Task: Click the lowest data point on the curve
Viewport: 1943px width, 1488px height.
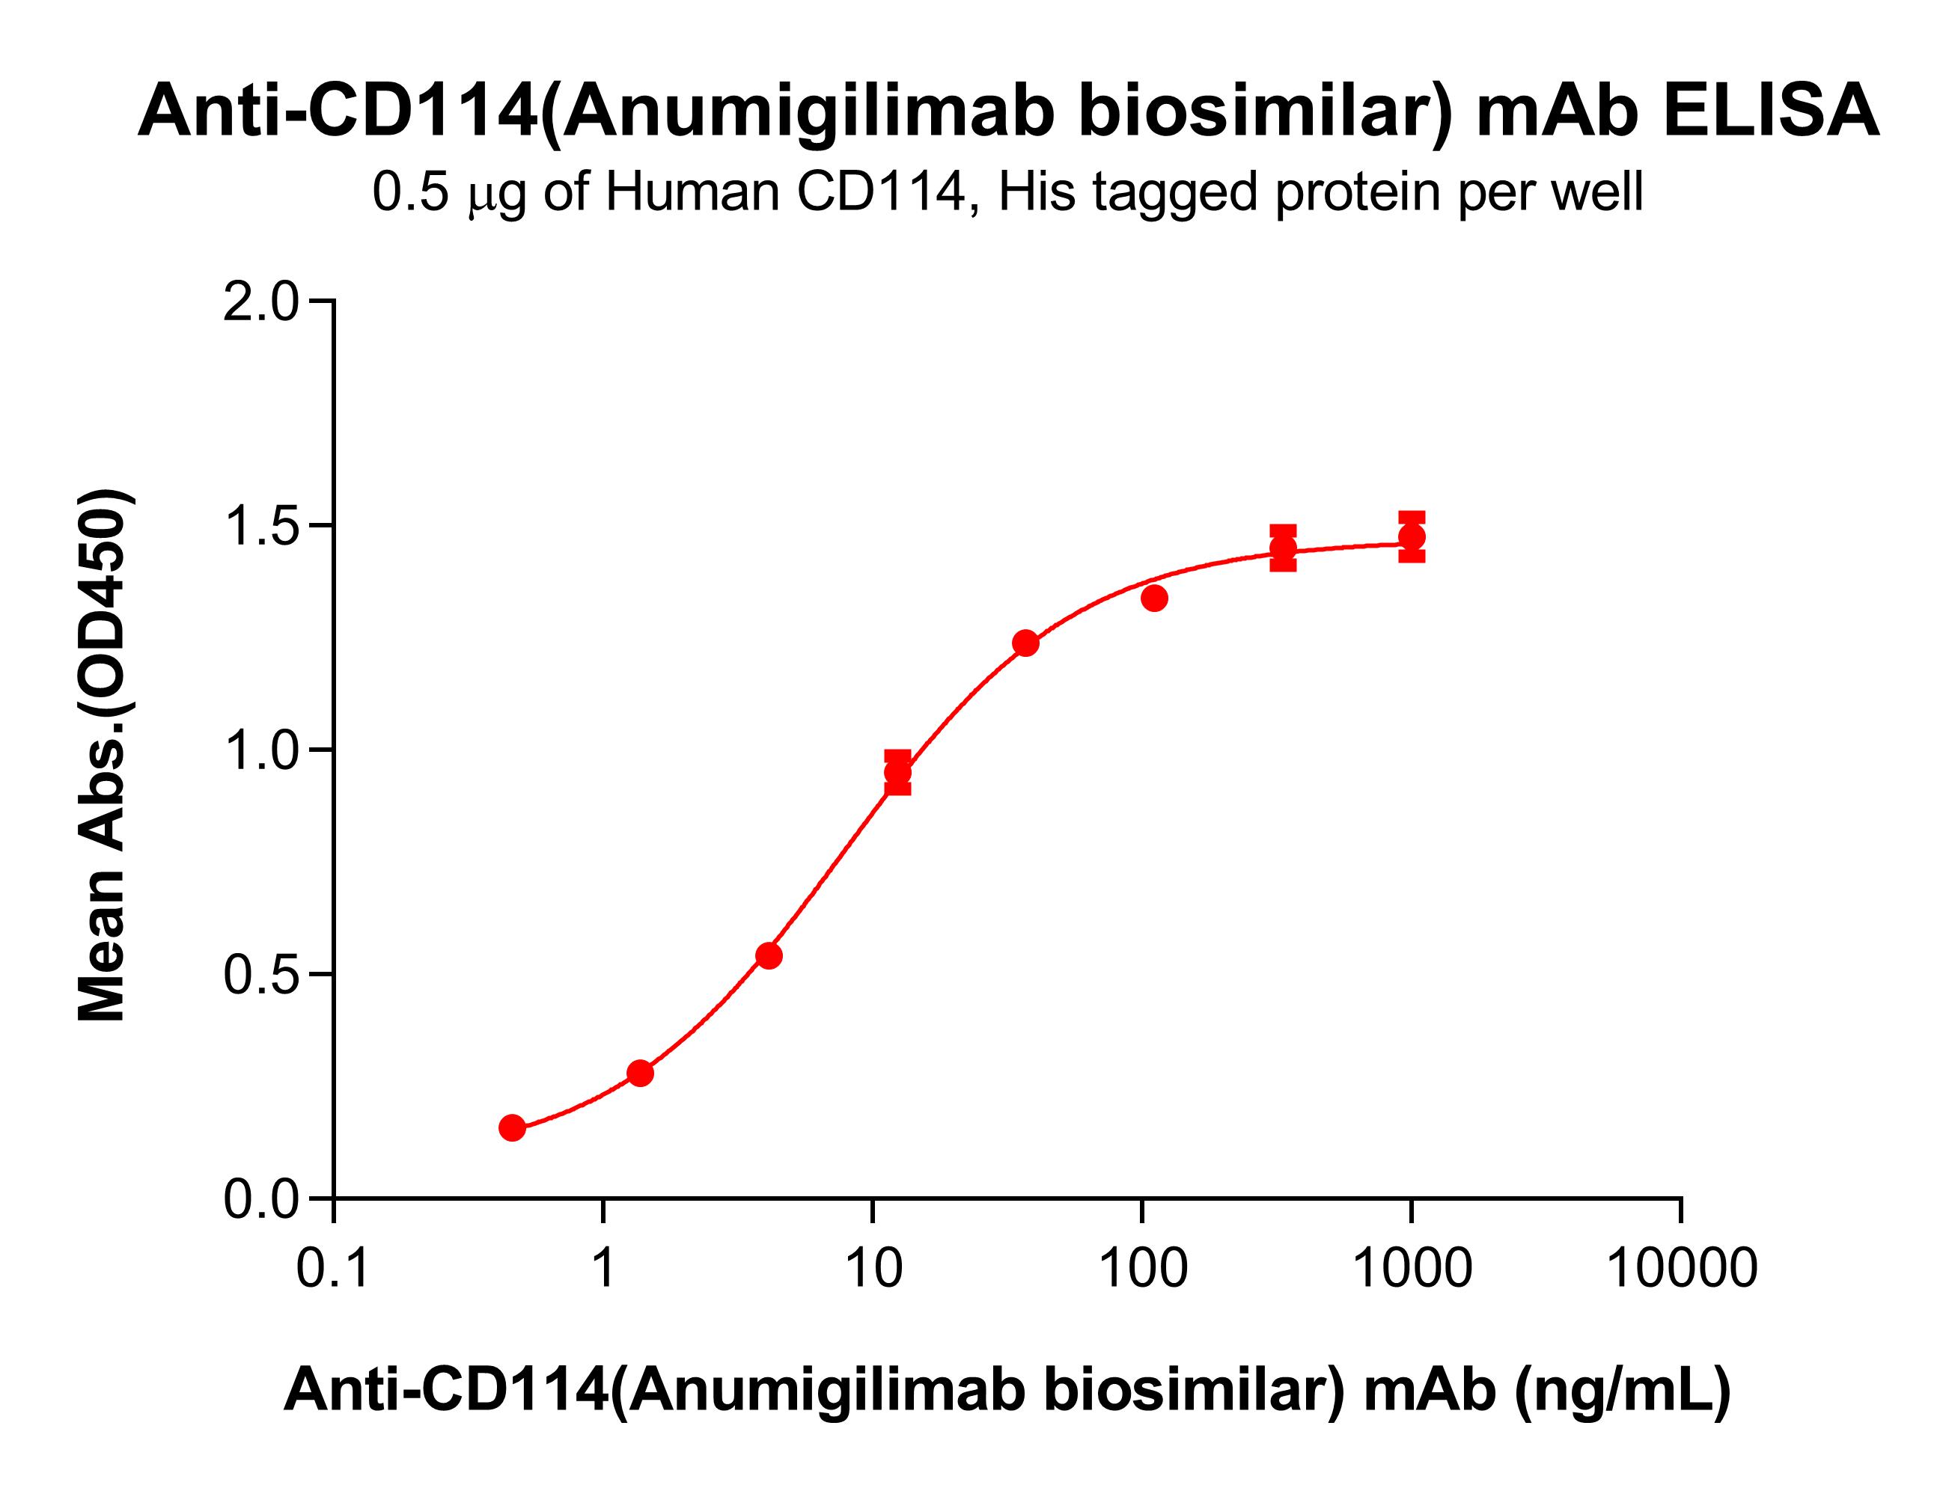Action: [512, 1127]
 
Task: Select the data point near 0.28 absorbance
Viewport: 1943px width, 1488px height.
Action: [640, 1073]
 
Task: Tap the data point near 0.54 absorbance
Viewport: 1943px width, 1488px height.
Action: [769, 955]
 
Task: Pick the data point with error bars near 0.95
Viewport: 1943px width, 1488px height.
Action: [897, 771]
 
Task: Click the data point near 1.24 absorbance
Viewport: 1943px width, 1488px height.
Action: [1025, 643]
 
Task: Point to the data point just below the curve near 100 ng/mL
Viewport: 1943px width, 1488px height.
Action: [1153, 598]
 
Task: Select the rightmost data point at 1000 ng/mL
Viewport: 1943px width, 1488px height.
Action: [1412, 536]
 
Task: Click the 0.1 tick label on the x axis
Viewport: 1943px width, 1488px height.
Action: [332, 1267]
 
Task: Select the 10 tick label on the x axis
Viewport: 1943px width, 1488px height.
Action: [873, 1267]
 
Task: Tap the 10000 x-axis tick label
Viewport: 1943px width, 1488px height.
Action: [1681, 1267]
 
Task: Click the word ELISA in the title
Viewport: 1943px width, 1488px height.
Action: [1770, 111]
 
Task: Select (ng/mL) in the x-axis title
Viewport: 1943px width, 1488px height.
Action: [1622, 1388]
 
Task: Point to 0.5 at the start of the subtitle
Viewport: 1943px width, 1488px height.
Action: [410, 192]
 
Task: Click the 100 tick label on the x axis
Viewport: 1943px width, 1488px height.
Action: [1143, 1267]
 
